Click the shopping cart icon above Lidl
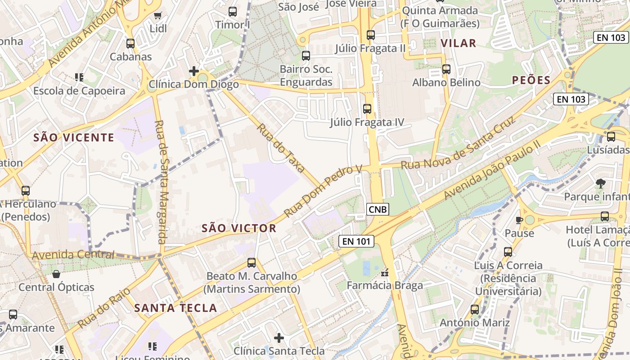pos(157,16)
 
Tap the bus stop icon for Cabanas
pos(130,44)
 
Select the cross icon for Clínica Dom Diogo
pos(193,71)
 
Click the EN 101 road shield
pos(356,242)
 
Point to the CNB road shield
pos(377,209)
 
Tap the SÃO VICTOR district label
pos(239,228)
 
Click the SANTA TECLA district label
pos(176,308)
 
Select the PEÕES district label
pos(531,81)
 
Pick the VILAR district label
pos(458,43)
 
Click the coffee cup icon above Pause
pos(519,220)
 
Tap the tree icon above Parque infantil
pos(600,183)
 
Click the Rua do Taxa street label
pos(282,149)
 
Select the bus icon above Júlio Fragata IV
pos(367,108)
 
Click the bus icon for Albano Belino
pos(446,69)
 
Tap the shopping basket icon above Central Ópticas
pos(56,274)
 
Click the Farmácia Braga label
pos(385,286)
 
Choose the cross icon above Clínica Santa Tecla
pos(279,337)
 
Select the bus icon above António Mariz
pos(475,309)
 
